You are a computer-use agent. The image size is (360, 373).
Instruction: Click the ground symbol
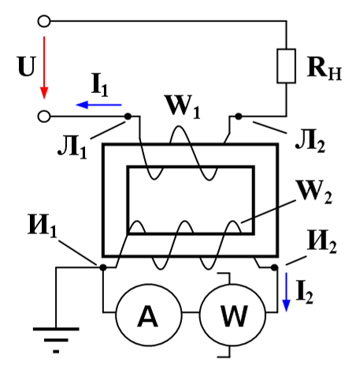[56, 341]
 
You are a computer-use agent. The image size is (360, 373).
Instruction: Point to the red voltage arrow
[44, 67]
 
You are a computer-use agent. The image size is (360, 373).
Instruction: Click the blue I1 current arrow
[98, 105]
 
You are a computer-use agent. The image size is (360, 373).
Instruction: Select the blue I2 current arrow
[286, 292]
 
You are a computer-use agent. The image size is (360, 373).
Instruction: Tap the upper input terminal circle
[44, 21]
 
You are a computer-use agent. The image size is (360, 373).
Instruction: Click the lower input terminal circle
[44, 116]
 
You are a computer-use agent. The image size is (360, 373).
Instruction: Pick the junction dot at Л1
[128, 116]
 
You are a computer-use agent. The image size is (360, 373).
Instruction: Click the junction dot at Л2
[239, 116]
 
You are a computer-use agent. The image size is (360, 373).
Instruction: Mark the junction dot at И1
[103, 267]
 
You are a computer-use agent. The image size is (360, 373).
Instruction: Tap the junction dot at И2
[275, 267]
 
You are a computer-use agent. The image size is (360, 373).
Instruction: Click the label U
[26, 66]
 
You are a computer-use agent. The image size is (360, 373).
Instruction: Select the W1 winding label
[183, 107]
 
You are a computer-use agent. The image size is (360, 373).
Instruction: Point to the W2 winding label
[314, 192]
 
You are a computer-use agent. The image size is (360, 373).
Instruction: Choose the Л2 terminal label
[310, 142]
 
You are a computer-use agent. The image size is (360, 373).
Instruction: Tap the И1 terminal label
[42, 226]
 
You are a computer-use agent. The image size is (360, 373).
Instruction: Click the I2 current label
[305, 293]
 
